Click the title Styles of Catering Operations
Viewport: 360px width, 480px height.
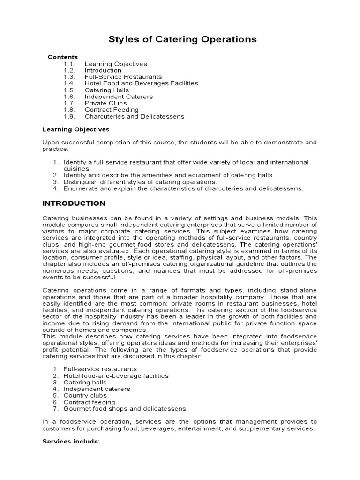click(182, 39)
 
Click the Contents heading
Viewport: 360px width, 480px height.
click(63, 57)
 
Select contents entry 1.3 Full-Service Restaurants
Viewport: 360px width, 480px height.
click(123, 77)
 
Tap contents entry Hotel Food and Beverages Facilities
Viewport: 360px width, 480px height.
click(141, 83)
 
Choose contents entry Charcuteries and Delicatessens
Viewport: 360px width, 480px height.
click(134, 116)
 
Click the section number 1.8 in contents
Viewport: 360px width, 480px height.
click(69, 110)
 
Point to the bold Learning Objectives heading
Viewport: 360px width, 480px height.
click(75, 129)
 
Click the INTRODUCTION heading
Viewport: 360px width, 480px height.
click(74, 203)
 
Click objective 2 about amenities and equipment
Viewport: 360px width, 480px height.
click(168, 175)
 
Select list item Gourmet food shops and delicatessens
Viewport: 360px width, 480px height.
click(125, 408)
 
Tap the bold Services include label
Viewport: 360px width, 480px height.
click(70, 442)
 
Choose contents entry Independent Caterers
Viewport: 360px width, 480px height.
click(119, 97)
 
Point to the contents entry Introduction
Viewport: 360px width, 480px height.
click(103, 70)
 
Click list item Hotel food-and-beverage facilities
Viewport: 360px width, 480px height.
click(116, 375)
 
